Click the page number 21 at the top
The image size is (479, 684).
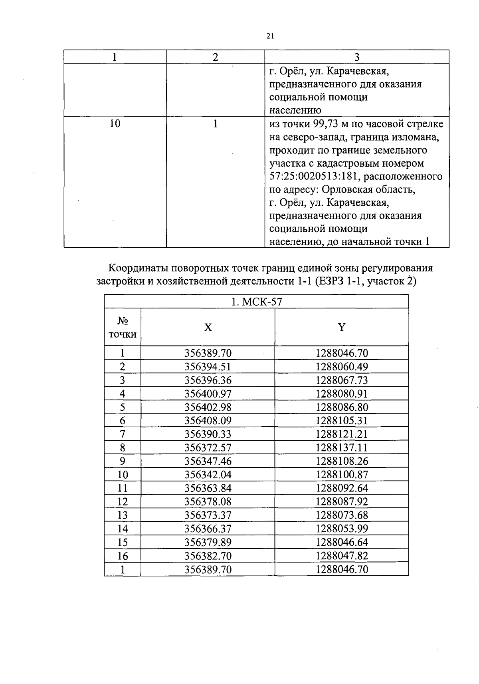[269, 36]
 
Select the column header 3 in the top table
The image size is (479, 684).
[357, 57]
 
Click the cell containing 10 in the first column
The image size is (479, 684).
[115, 124]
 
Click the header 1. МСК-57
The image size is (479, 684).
[256, 302]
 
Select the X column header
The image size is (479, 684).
[208, 328]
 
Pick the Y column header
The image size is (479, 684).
[342, 328]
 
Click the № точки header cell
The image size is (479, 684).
[123, 328]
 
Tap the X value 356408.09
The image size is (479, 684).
[208, 421]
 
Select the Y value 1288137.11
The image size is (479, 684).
[342, 448]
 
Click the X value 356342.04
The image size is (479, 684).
[208, 475]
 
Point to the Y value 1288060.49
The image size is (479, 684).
[342, 367]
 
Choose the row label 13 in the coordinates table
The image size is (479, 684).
[123, 515]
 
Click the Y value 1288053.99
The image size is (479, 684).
[342, 529]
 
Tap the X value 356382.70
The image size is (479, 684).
[208, 556]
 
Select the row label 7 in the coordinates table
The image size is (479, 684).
[123, 434]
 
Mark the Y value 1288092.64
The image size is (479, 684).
[342, 488]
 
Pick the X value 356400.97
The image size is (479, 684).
[208, 394]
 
